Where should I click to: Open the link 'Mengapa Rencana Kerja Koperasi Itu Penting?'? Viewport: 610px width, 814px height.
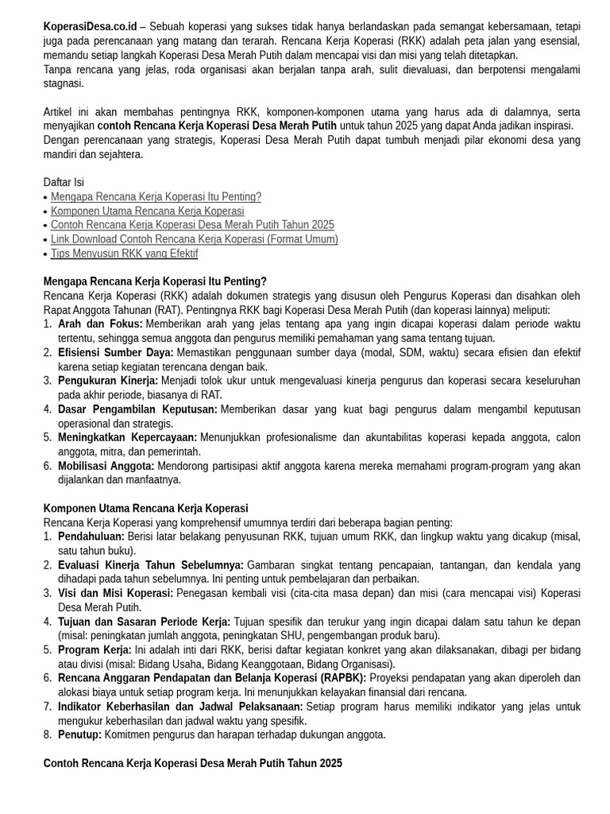point(156,197)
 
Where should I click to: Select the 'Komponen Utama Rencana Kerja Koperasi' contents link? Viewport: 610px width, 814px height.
point(147,211)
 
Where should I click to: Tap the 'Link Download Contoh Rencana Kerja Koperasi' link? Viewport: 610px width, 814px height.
point(194,239)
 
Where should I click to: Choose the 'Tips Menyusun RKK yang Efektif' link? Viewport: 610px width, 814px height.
point(124,254)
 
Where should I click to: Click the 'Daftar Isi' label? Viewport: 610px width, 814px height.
point(64,183)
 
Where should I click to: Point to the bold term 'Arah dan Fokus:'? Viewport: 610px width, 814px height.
point(100,324)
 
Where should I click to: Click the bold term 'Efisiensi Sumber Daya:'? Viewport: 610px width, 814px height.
point(116,352)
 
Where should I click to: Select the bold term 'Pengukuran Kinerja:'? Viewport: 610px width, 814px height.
point(108,381)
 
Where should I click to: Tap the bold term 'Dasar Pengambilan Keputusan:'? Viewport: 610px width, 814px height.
point(137,409)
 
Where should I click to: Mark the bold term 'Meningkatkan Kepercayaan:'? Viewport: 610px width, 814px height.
point(127,437)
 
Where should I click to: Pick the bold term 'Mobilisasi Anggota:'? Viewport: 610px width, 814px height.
point(106,466)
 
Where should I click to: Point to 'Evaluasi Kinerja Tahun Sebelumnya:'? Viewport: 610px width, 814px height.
point(151,565)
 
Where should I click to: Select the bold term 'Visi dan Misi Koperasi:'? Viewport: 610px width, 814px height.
point(116,593)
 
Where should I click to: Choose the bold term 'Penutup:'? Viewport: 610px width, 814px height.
point(80,735)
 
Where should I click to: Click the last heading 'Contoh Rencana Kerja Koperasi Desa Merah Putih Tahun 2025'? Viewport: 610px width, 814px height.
point(193,763)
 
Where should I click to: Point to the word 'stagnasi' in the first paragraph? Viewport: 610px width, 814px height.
point(64,83)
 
